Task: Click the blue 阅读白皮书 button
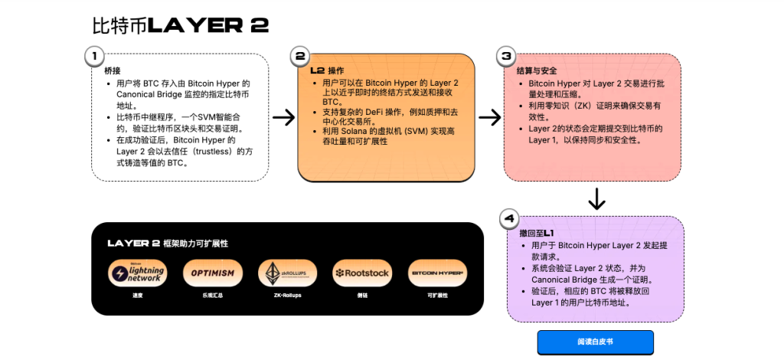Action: (x=595, y=342)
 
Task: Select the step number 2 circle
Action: (x=301, y=55)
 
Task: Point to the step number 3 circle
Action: (x=506, y=55)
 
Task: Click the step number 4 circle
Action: (x=510, y=218)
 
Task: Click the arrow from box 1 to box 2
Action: (x=284, y=117)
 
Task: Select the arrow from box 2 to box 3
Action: (x=489, y=117)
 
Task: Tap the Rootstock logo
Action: (x=362, y=273)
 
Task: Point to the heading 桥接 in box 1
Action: (x=113, y=70)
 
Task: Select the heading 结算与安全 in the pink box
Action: (x=533, y=70)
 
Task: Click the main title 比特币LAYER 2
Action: (x=181, y=25)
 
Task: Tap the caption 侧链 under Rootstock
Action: (x=362, y=295)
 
